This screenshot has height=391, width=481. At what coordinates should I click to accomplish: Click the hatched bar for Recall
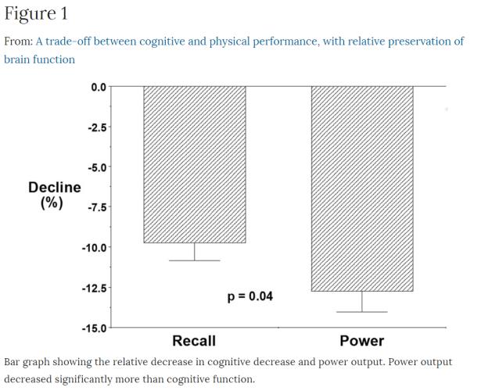click(x=194, y=164)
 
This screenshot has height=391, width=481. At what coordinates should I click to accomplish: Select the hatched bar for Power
click(x=362, y=188)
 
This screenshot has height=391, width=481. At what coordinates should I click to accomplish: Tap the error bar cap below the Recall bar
click(x=194, y=260)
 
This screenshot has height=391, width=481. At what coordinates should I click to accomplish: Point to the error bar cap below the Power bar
click(x=362, y=312)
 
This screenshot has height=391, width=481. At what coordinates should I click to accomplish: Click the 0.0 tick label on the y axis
click(x=96, y=86)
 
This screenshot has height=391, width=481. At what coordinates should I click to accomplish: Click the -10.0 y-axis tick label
click(x=93, y=247)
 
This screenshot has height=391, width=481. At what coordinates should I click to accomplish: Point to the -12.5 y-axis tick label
click(x=93, y=288)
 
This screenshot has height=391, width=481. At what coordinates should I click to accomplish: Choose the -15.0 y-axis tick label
click(x=93, y=328)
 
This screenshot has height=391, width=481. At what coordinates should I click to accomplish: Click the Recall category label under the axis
click(x=194, y=341)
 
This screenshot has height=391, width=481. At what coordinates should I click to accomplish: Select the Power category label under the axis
click(x=362, y=341)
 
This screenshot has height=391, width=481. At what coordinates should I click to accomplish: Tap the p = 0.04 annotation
click(x=249, y=297)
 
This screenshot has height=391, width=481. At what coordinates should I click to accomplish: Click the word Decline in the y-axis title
click(x=54, y=188)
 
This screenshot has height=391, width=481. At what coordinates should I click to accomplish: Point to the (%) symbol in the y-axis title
click(x=54, y=203)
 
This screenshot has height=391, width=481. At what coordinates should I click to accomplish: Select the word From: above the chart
click(x=18, y=41)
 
